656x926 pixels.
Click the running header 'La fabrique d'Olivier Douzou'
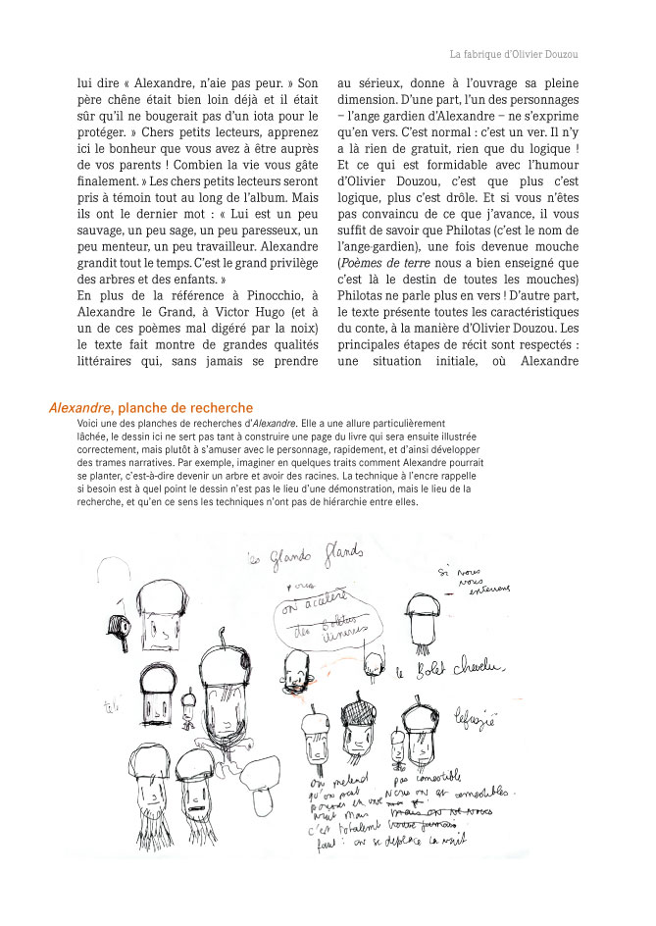tap(513, 55)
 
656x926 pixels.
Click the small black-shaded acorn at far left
tap(120, 629)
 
